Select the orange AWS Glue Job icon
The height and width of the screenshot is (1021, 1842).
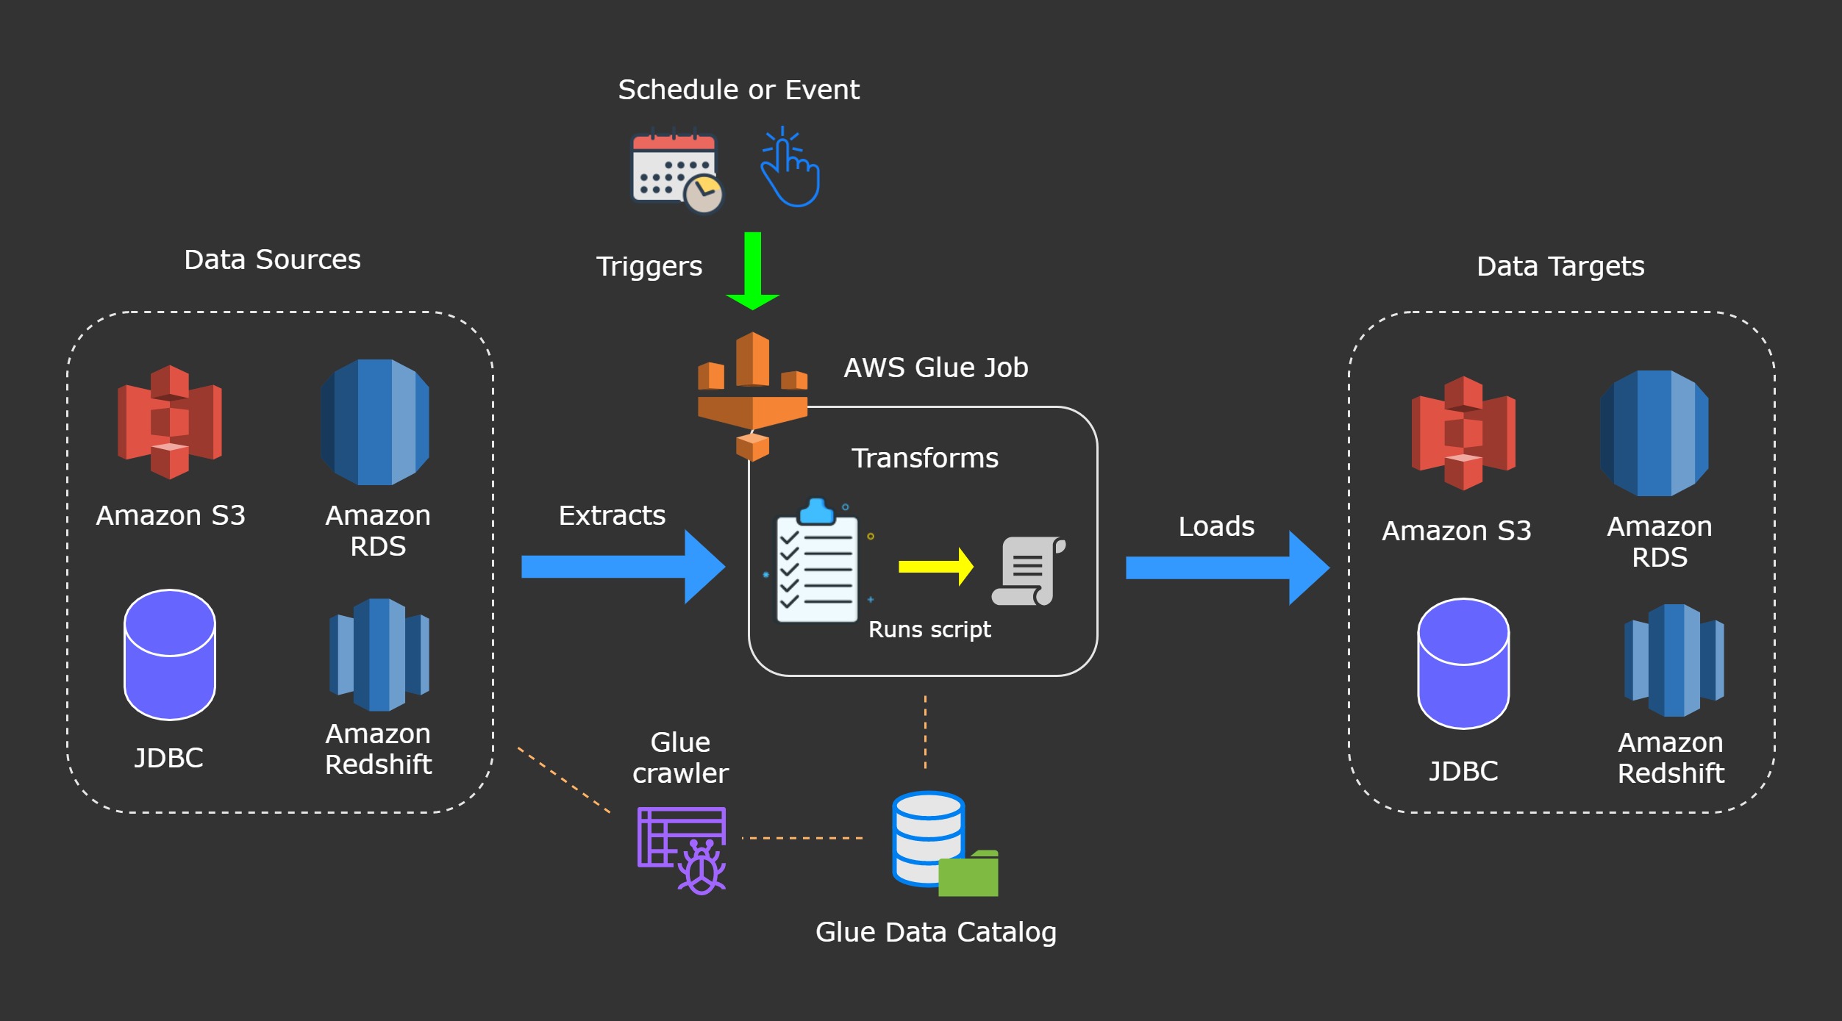(752, 397)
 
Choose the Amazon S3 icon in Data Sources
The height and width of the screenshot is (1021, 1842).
(170, 422)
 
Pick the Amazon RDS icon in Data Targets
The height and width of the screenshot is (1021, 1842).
(1654, 434)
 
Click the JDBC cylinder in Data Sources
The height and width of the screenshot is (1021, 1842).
(170, 654)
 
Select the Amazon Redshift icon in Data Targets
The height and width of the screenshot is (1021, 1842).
(1674, 660)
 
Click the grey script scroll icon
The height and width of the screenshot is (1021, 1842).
(1028, 571)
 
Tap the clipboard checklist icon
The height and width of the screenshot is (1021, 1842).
(817, 562)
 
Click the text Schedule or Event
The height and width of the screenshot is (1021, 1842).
(738, 90)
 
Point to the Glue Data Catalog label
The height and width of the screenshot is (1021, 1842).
(935, 932)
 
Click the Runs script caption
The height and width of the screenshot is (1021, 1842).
(929, 629)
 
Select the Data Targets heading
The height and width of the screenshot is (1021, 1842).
(1560, 266)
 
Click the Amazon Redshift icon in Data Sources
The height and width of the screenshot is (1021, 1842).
(379, 654)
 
